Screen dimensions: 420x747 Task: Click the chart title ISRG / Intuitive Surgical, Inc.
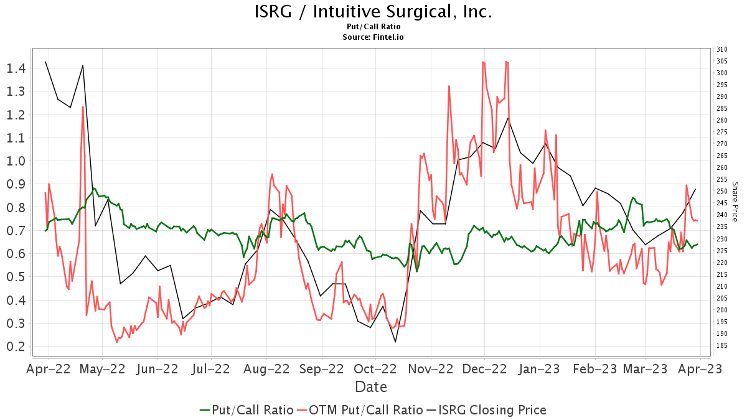373,12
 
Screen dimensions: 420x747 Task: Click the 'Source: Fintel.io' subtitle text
373,37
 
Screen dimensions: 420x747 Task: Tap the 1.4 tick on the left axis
16,68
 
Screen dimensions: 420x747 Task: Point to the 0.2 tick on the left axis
16,346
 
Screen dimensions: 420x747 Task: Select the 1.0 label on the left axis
16,161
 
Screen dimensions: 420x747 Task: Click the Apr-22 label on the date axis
47,368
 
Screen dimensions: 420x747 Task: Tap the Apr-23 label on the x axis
700,368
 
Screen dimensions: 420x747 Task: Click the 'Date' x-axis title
371,387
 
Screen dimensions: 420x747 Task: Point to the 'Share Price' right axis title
735,202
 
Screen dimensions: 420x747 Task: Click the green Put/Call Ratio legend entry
247,410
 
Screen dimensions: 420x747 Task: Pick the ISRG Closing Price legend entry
486,410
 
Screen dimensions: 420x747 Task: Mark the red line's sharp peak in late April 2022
83,107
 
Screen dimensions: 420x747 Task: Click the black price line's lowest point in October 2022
395,342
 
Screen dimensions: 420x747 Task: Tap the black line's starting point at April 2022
45,62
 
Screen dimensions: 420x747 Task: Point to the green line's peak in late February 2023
633,197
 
